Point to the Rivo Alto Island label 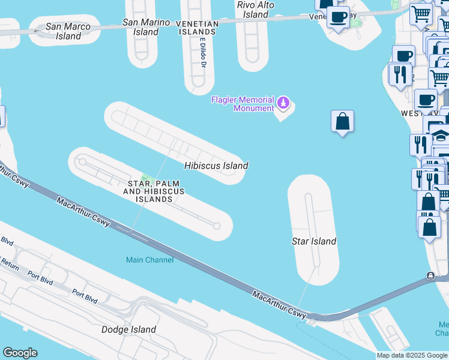point(256,10)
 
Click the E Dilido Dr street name point(203,53)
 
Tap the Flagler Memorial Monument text point(243,104)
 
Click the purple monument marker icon point(284,104)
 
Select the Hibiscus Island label point(216,165)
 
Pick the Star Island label point(313,241)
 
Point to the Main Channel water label point(149,260)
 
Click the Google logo point(20,353)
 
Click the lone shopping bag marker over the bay point(342,122)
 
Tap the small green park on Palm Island point(145,178)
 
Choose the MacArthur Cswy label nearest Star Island point(280,305)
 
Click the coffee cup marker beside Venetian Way point(339,17)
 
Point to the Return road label point(10,262)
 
